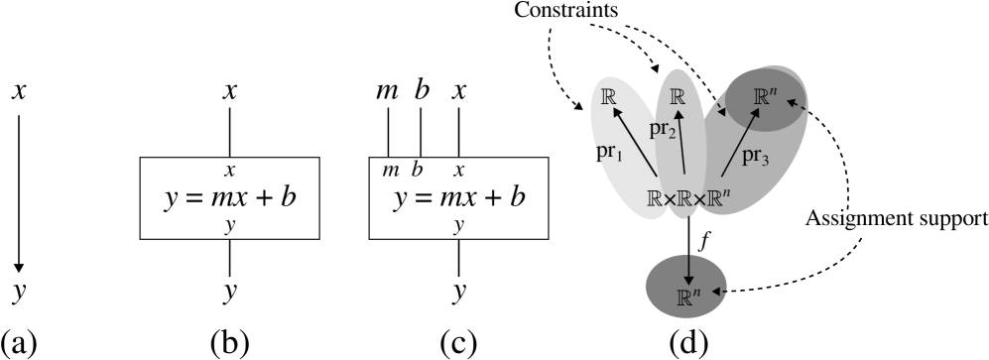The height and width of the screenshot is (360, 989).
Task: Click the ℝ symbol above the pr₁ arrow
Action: point(609,97)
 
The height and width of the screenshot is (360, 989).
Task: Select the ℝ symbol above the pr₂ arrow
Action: point(679,96)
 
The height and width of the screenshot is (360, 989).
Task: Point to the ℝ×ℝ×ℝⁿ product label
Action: point(688,197)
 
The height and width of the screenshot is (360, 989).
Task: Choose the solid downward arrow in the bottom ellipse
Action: point(688,269)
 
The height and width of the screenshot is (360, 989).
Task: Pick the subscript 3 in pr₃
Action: point(765,162)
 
